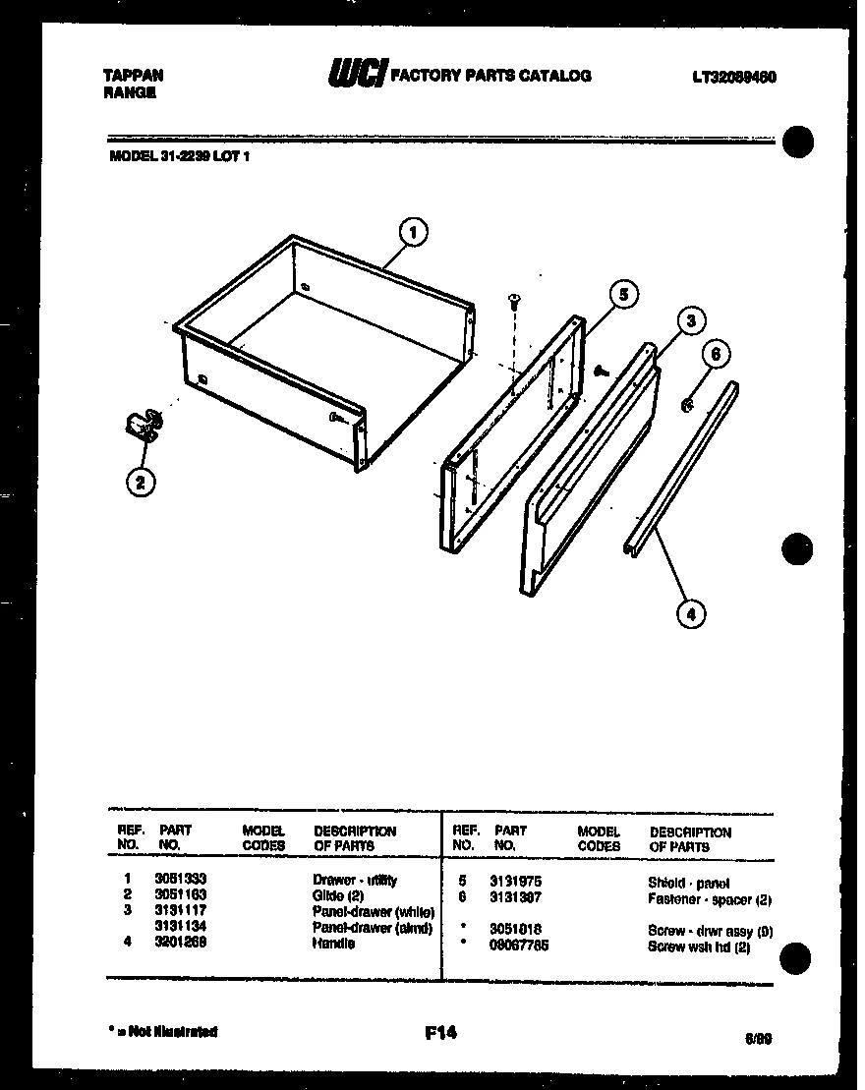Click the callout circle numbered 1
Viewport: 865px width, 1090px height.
(414, 233)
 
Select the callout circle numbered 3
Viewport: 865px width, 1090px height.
(691, 321)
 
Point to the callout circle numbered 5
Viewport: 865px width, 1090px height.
(621, 294)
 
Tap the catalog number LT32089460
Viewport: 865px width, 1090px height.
(733, 77)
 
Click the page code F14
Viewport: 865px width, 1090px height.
(440, 1033)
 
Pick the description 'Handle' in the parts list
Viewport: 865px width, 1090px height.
(333, 943)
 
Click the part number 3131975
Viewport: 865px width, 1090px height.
(516, 883)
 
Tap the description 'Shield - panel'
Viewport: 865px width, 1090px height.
(688, 883)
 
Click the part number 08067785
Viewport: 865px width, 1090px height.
(519, 946)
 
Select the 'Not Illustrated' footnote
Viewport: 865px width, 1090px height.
(162, 1032)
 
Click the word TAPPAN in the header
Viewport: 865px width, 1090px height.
(133, 75)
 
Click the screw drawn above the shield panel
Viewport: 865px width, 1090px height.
(512, 301)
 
